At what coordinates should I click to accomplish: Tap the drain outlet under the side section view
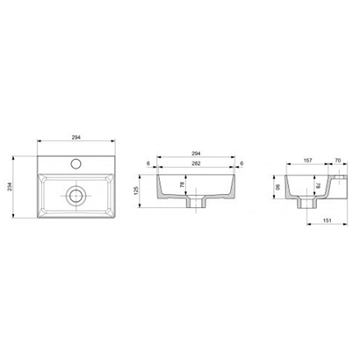[306, 205]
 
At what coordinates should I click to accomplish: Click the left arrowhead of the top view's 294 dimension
[39, 143]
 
